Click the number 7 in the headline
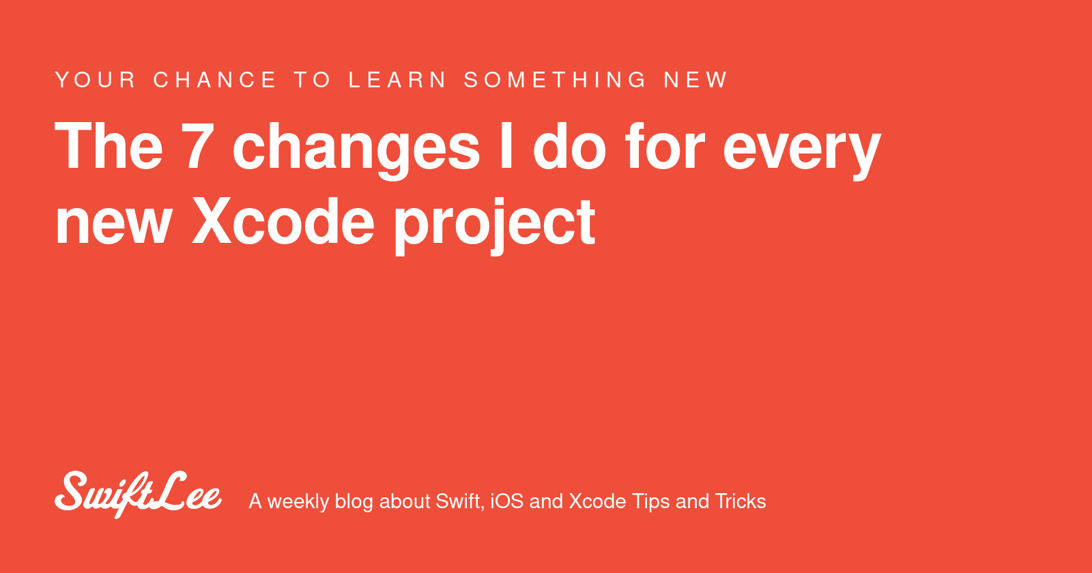(198, 147)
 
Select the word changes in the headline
(356, 149)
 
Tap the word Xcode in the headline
(283, 222)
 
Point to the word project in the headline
(495, 225)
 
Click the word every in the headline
(801, 150)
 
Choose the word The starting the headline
(109, 147)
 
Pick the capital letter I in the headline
(506, 147)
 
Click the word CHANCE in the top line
(215, 80)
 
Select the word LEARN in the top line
(398, 80)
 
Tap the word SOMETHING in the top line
(555, 80)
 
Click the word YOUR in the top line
(96, 80)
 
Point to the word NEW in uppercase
(695, 80)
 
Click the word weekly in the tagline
(298, 502)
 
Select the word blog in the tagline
(354, 502)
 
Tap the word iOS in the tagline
(506, 501)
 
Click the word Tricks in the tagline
(741, 501)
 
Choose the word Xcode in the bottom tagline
(597, 501)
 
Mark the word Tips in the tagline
(650, 502)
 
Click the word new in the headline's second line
(113, 224)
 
